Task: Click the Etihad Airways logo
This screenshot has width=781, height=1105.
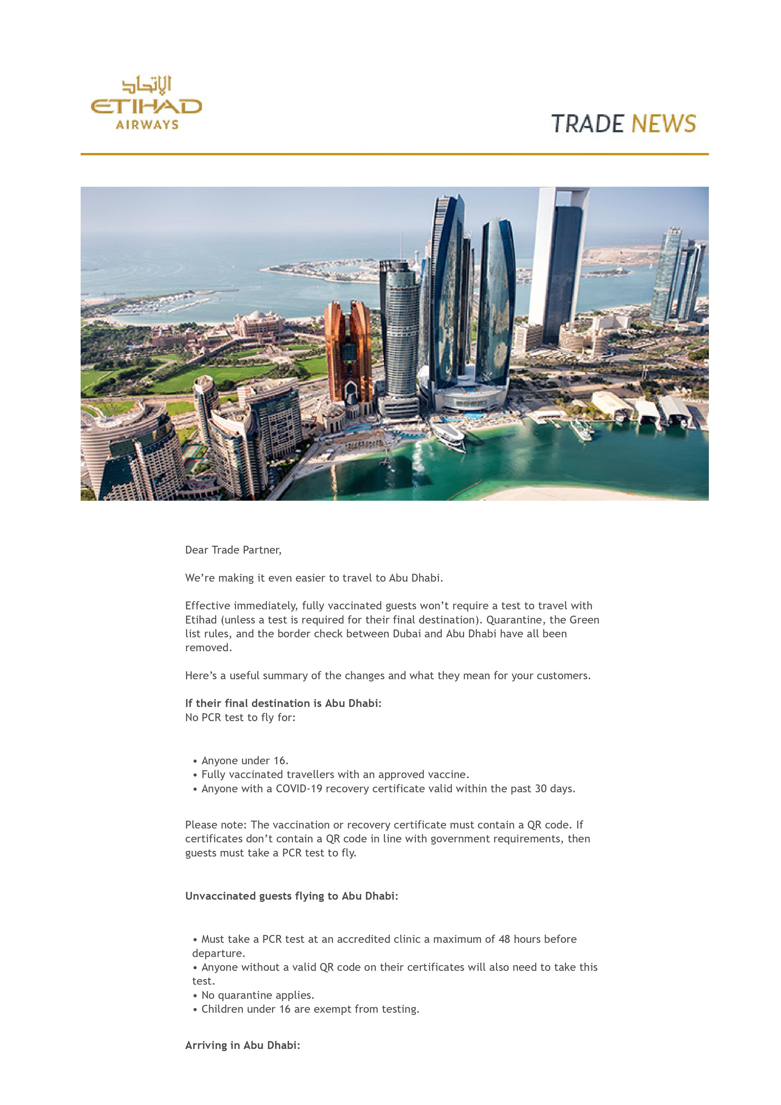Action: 146,102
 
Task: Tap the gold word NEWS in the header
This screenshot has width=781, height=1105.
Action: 663,124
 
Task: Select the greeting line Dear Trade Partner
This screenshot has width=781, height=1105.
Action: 233,550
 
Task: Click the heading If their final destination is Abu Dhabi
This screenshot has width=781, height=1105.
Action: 283,703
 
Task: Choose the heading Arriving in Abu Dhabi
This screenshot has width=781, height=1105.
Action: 243,1045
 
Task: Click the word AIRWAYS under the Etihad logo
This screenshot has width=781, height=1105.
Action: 147,125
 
